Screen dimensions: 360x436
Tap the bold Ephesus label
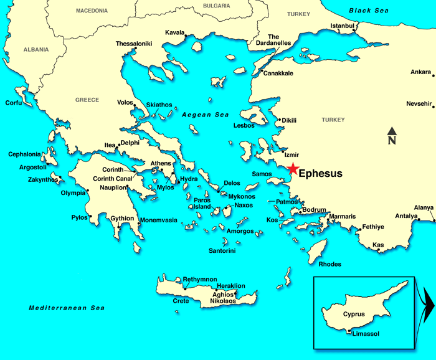[320, 174]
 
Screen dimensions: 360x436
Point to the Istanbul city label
[342, 26]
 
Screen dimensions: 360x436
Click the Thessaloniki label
[135, 44]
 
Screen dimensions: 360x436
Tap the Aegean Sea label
[206, 115]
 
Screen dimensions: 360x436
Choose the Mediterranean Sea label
[67, 308]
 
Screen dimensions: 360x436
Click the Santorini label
[222, 251]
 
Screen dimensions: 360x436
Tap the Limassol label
[366, 334]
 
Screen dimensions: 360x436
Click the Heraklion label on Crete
[230, 286]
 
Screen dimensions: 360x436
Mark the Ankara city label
[420, 72]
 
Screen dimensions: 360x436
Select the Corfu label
[13, 103]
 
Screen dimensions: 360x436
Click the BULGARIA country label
[216, 6]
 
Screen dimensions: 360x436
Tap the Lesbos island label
[244, 125]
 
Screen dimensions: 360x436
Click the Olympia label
[73, 193]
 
